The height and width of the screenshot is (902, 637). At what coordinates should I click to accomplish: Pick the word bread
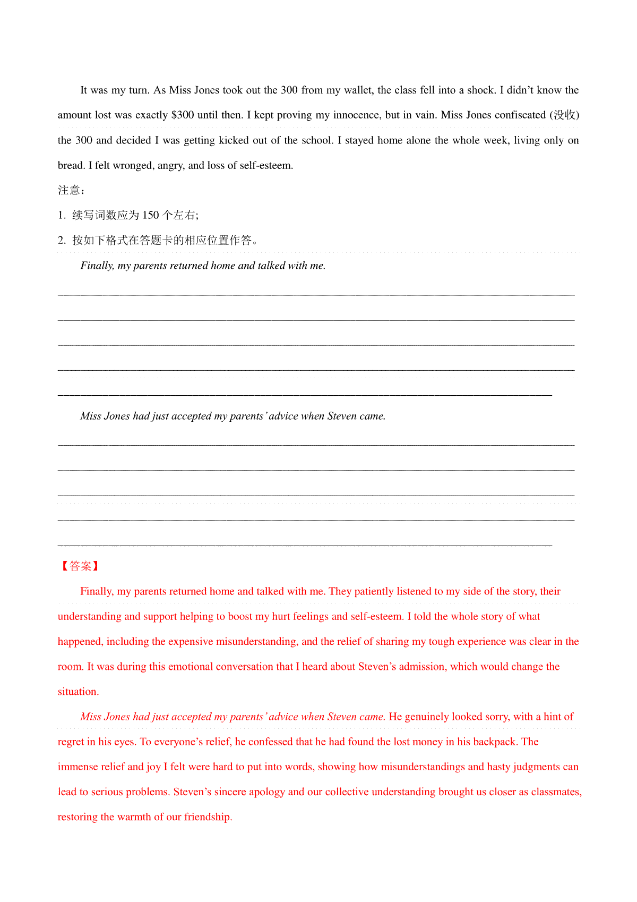(72, 166)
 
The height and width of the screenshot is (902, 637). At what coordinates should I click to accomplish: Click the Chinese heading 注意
(69, 190)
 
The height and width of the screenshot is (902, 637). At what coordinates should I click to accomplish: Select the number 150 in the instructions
(151, 215)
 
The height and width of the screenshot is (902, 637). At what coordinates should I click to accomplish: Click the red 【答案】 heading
(80, 566)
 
